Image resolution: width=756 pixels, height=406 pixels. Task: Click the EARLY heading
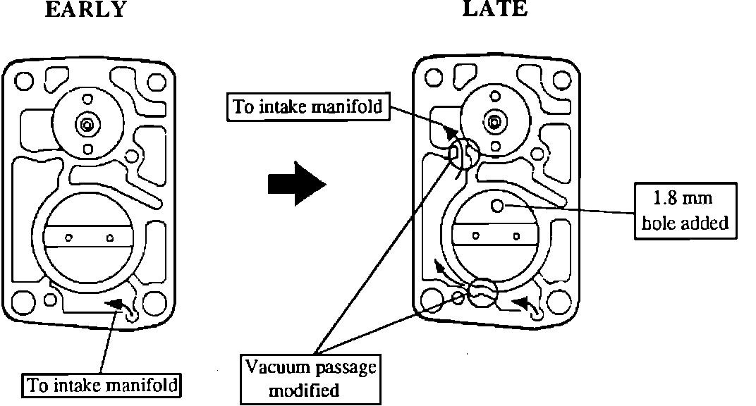coord(85,9)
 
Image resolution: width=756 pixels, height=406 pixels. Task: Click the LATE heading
coord(494,9)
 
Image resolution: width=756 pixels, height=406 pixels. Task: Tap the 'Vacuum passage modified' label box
coord(311,379)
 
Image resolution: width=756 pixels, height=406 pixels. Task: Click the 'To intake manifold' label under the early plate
coord(102,385)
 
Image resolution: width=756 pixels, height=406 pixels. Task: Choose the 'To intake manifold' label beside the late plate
coord(307,107)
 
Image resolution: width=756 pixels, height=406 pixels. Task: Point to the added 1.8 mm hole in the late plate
coord(497,206)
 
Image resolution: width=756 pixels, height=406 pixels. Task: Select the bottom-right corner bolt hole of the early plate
coord(153,304)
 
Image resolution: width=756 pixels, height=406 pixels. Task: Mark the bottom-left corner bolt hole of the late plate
coord(430,300)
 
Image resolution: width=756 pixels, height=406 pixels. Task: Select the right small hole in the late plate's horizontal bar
coord(517,235)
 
